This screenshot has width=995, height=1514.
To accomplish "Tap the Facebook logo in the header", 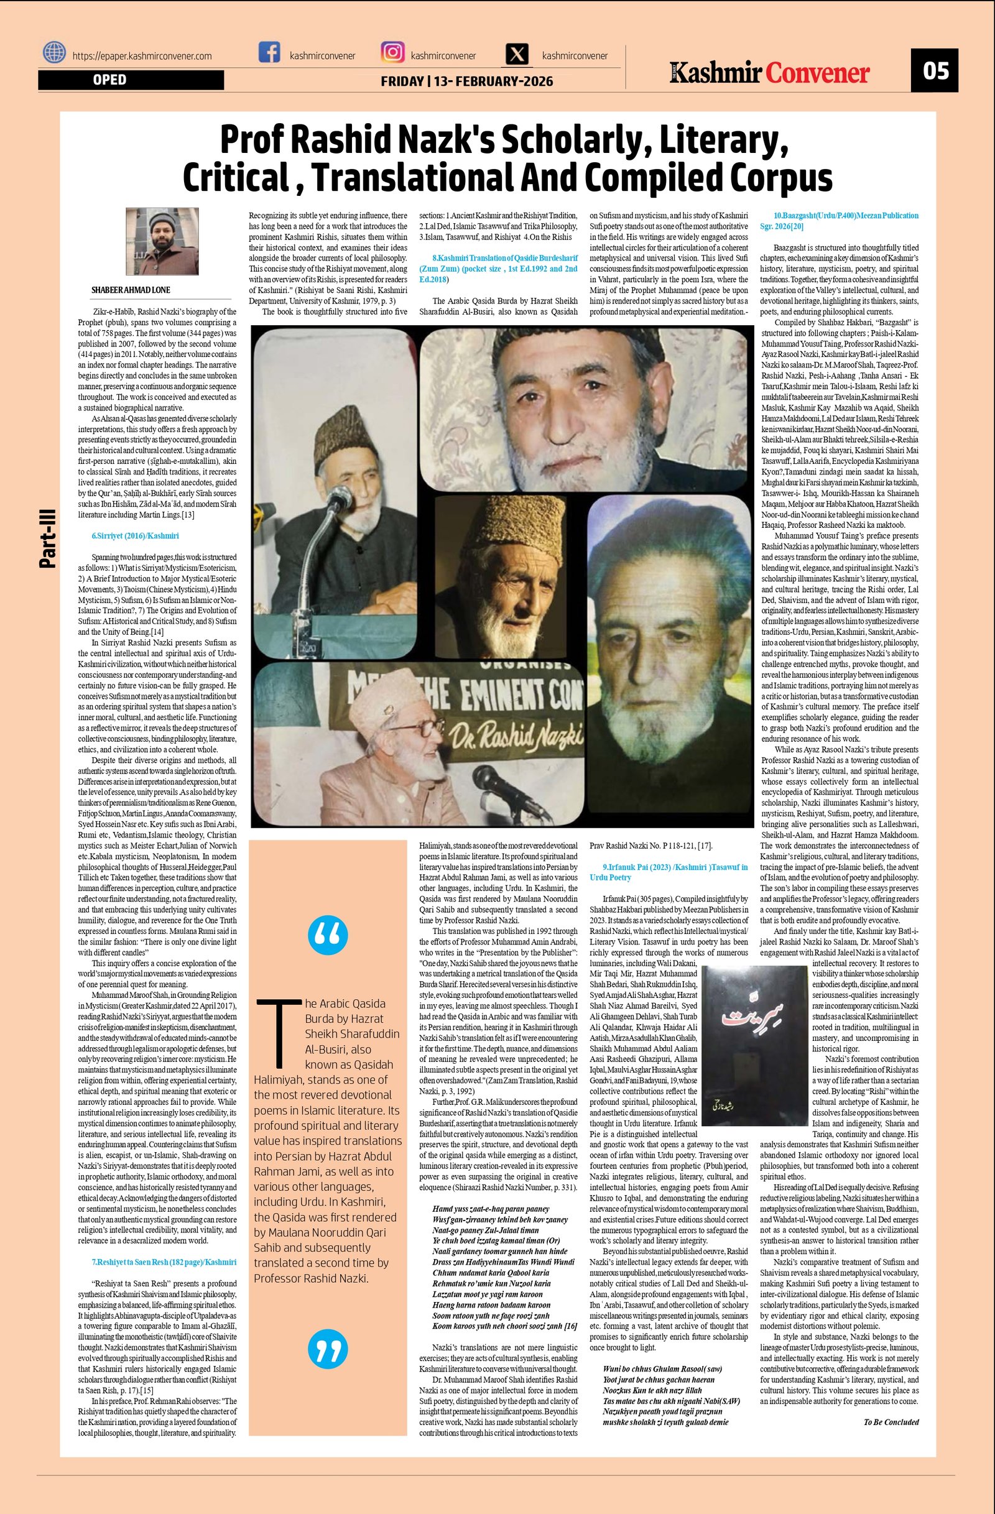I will (270, 52).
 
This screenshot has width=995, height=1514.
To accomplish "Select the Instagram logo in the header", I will (392, 52).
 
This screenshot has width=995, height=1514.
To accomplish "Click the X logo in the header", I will (519, 54).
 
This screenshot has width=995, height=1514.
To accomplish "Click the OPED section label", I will (109, 80).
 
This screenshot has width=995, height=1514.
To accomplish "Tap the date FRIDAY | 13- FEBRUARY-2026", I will (466, 81).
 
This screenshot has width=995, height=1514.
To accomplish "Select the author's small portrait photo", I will (153, 241).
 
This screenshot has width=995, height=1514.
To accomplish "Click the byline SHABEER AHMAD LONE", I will (131, 290).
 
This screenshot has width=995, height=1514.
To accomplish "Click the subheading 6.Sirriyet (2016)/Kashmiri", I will (135, 536).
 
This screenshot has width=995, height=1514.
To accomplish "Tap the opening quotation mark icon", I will (328, 935).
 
